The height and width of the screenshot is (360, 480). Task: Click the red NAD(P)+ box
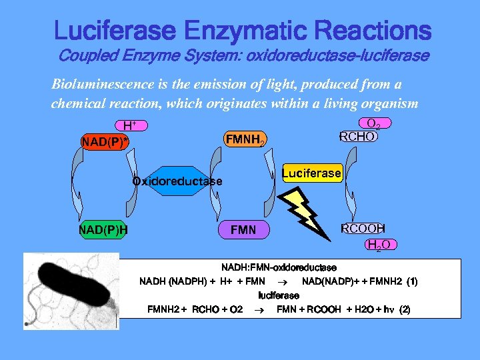pyautogui.click(x=105, y=141)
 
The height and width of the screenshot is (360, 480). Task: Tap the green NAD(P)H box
pyautogui.click(x=103, y=231)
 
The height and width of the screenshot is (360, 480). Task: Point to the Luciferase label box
pyautogui.click(x=311, y=173)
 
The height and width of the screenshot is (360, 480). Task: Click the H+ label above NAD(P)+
pyautogui.click(x=130, y=125)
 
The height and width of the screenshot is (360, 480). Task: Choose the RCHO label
pyautogui.click(x=358, y=137)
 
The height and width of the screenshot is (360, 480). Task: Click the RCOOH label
pyautogui.click(x=363, y=229)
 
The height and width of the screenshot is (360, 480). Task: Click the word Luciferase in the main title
pyautogui.click(x=115, y=31)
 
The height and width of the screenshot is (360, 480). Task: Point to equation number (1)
pyautogui.click(x=408, y=281)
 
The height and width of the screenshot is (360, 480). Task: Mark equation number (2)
pyautogui.click(x=404, y=309)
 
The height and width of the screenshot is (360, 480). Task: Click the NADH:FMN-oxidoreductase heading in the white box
pyautogui.click(x=279, y=267)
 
